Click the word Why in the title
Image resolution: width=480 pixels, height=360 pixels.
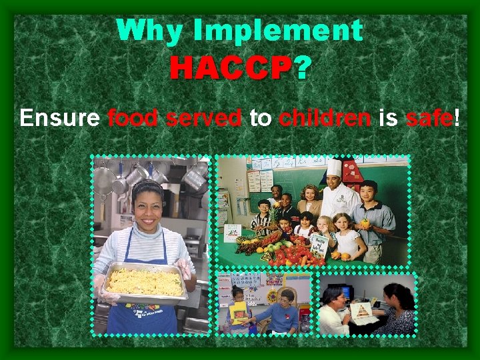(x=143, y=31)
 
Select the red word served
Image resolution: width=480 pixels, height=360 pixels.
(x=204, y=118)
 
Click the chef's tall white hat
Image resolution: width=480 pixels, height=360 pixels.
(x=333, y=167)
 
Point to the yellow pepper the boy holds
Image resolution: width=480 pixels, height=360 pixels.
(x=364, y=223)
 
